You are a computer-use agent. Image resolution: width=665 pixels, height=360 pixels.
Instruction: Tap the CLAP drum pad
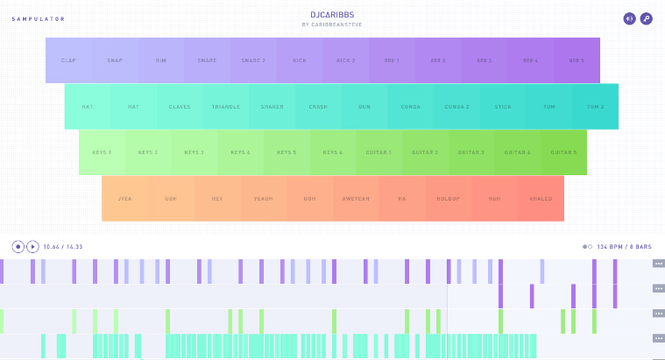tap(68, 60)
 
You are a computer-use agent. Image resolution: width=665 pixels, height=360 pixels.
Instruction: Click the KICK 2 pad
tap(345, 60)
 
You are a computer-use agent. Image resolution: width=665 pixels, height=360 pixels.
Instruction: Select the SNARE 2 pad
tap(253, 60)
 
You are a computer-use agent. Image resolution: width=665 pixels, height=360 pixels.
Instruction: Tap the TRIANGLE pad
tap(225, 107)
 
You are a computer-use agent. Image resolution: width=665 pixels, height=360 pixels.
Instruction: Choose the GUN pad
tap(364, 107)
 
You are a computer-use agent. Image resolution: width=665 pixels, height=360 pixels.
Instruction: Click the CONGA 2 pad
tap(456, 107)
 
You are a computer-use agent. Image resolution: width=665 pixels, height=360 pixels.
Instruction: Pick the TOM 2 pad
tap(595, 107)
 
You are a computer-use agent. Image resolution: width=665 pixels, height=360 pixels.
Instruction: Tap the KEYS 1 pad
tap(102, 152)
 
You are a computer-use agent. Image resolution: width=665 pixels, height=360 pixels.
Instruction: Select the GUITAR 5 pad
tap(563, 152)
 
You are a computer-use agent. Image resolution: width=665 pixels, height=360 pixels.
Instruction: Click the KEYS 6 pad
tap(333, 152)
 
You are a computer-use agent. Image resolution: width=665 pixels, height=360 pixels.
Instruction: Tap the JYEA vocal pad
tap(124, 199)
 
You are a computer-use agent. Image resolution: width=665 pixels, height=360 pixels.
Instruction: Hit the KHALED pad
tap(541, 199)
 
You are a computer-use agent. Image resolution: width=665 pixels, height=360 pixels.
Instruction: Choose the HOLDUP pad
tap(448, 199)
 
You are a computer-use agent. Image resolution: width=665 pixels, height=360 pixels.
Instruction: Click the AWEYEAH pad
tap(356, 199)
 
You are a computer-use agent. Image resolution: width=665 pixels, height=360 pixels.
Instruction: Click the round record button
tap(18, 247)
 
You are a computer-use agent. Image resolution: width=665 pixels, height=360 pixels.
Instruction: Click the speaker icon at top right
tap(629, 18)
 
